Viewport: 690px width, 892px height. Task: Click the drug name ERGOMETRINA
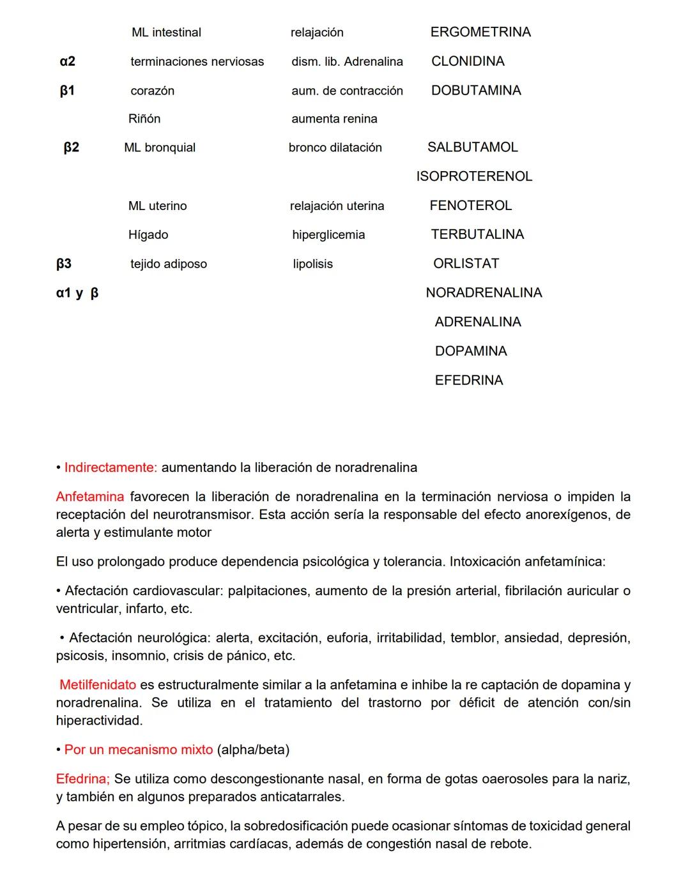(480, 32)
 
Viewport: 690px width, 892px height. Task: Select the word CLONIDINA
(468, 61)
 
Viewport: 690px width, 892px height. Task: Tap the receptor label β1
(67, 91)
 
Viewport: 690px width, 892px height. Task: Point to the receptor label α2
(67, 61)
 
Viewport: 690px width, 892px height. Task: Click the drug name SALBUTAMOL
(472, 147)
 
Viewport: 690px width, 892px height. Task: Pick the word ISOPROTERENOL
(474, 176)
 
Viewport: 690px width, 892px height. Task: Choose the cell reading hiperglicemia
(328, 235)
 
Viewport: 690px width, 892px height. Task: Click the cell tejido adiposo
(169, 264)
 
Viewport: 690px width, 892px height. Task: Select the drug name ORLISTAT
(466, 264)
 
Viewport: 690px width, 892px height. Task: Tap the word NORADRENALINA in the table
(484, 293)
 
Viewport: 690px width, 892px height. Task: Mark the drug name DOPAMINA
(471, 351)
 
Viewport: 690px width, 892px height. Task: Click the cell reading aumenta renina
(334, 119)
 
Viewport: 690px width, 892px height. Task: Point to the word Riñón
(144, 119)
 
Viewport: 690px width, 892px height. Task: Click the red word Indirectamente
(110, 467)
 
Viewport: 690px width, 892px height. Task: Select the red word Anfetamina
(90, 497)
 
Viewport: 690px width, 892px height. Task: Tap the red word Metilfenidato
(98, 685)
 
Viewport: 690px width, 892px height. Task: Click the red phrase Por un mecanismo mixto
(139, 750)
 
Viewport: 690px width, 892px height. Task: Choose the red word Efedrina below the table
(82, 779)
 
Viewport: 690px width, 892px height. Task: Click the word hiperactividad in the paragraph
(98, 721)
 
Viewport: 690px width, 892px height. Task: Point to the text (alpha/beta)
(254, 750)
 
